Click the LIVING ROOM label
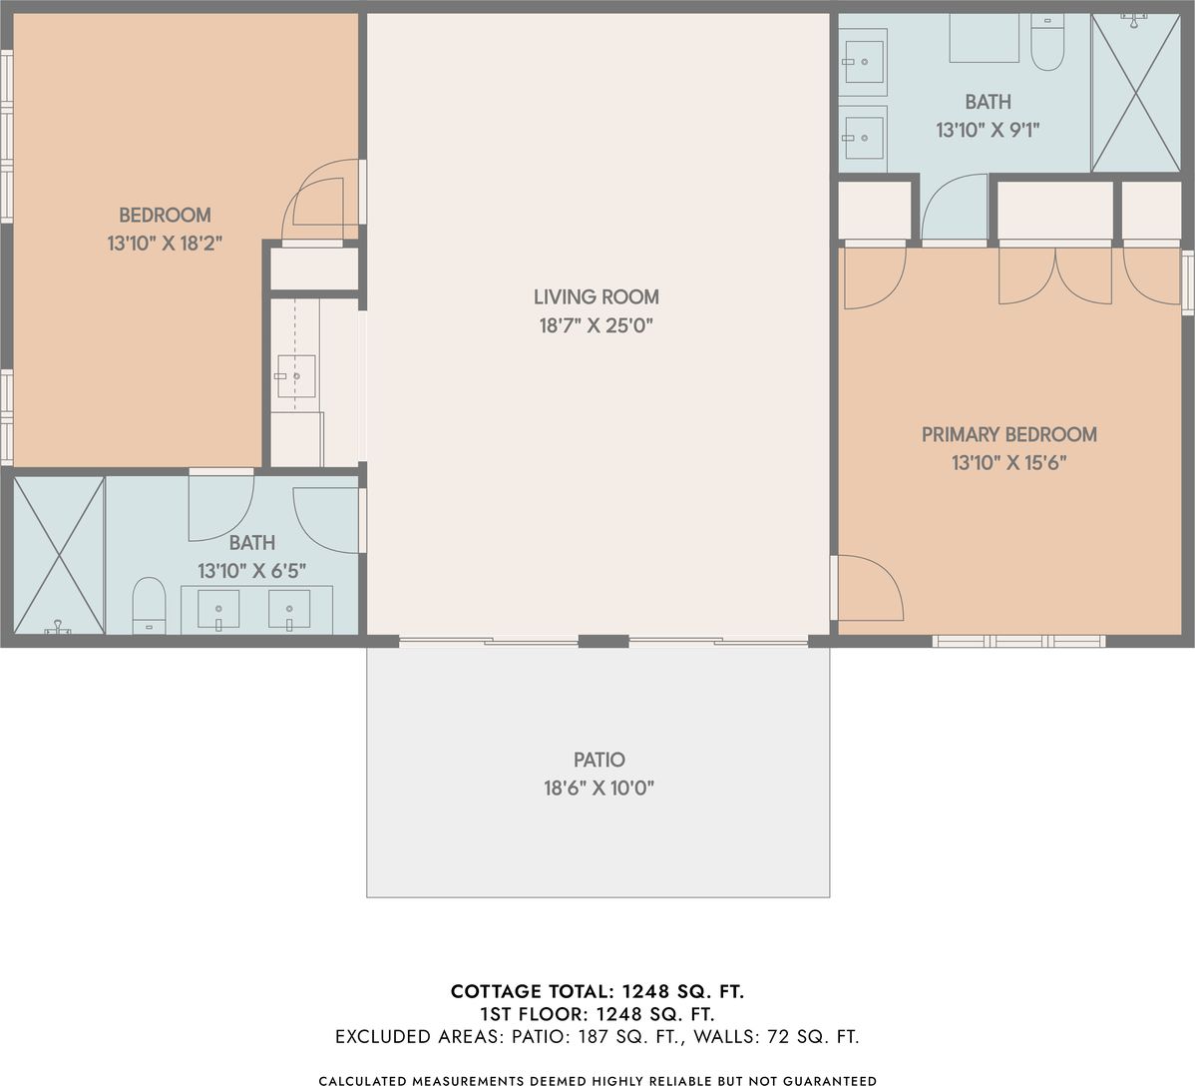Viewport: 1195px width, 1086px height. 596,296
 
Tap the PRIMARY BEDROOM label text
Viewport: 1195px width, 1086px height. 1009,434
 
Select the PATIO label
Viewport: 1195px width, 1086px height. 599,760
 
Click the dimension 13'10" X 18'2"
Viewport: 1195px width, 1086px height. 165,244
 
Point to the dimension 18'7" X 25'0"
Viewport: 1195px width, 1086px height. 596,325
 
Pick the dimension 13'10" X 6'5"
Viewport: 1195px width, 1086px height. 251,571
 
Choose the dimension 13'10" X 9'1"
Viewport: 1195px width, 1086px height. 988,130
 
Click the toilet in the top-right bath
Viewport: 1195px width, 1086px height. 1047,43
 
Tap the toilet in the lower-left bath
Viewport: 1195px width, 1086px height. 150,606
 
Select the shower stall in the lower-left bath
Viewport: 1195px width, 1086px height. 59,555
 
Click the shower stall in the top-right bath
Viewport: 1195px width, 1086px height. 1135,92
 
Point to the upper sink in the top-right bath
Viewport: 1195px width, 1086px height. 864,62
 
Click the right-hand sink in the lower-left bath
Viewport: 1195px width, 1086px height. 289,610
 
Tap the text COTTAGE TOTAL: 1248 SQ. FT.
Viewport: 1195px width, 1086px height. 597,991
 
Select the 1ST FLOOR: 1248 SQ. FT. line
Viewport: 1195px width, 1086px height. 597,1014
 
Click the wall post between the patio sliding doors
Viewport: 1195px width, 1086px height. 603,642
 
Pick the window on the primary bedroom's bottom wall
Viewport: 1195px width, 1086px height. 1019,642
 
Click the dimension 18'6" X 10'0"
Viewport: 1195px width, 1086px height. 599,788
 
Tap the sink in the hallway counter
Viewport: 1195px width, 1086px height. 295,376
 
